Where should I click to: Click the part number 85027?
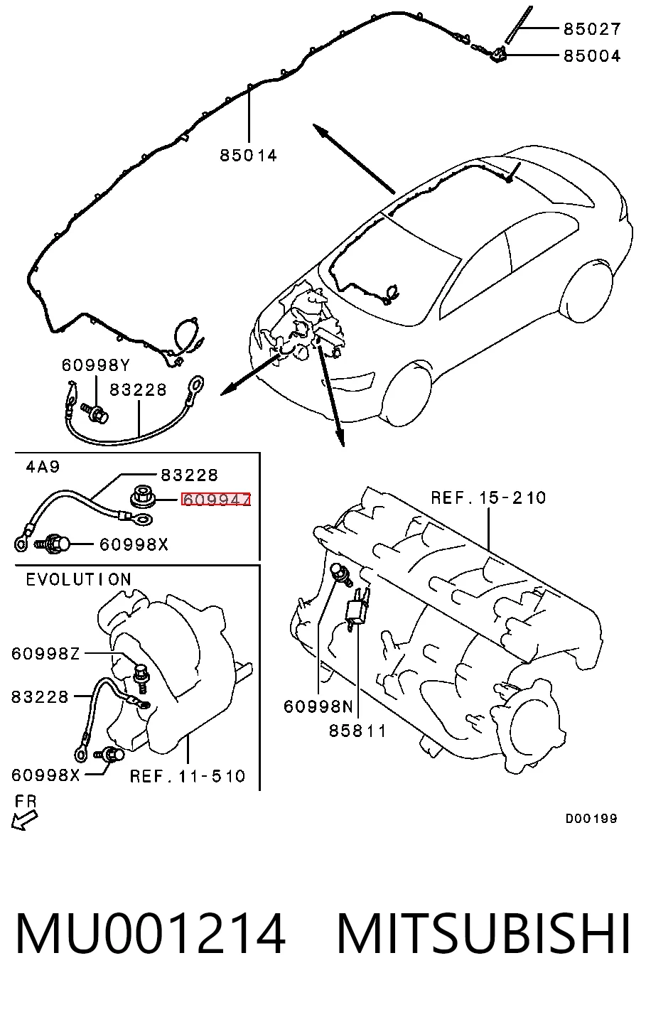pos(592,29)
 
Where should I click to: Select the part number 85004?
pos(592,56)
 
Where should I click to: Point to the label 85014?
pos(248,156)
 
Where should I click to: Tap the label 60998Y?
pos(96,365)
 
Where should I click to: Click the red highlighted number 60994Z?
pos(216,499)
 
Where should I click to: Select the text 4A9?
pos(43,466)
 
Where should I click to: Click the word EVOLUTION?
pos(79,580)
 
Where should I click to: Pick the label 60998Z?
pos(45,654)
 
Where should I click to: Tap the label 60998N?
pos(318,706)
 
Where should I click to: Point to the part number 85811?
pos(357,731)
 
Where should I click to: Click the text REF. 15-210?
pos(488,498)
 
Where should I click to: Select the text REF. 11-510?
pos(188,776)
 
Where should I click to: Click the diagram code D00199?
pos(591,818)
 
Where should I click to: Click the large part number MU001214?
pos(151,933)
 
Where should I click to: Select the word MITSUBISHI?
pos(483,933)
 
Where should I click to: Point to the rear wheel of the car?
pos(586,291)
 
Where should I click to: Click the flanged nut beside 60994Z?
pos(144,497)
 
